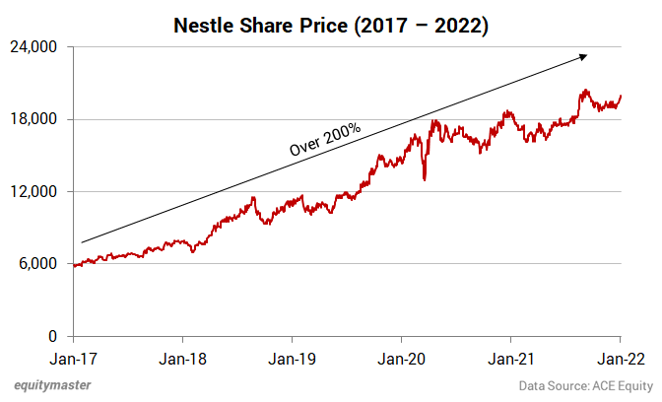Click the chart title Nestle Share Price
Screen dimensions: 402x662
click(x=330, y=26)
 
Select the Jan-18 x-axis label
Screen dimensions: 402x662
click(x=183, y=360)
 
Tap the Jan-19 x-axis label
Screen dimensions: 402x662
click(x=293, y=360)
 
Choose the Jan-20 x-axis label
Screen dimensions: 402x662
click(x=402, y=360)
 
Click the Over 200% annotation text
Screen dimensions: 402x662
click(x=324, y=138)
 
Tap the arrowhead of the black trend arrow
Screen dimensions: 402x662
click(x=586, y=56)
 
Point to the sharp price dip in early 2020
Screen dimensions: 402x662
click(x=424, y=179)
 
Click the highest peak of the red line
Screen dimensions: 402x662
click(x=585, y=91)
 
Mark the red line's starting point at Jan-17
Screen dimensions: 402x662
click(x=74, y=265)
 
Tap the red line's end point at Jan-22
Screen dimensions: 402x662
click(x=621, y=96)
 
